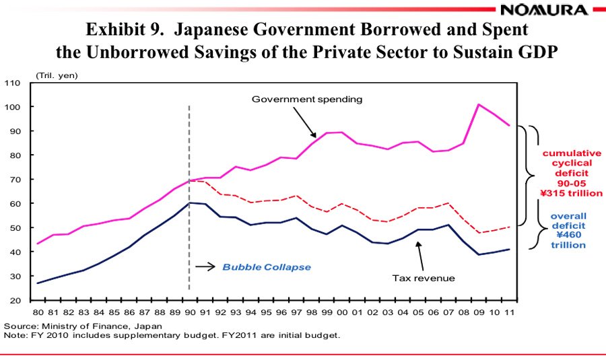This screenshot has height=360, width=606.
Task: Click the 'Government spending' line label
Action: click(x=307, y=99)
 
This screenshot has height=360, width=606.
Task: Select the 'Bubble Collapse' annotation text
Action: click(x=267, y=267)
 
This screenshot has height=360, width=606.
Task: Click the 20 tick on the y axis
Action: click(x=15, y=300)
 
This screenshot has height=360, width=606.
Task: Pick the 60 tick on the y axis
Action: click(x=15, y=203)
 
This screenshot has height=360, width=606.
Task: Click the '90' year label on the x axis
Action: click(x=189, y=313)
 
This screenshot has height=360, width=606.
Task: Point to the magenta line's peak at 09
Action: click(x=478, y=104)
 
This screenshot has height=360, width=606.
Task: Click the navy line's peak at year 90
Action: click(x=189, y=203)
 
